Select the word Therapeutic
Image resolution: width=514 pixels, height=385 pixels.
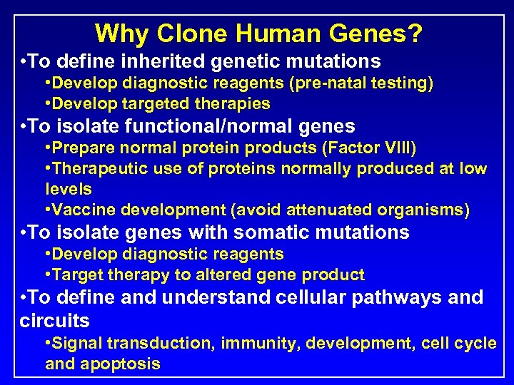(99, 169)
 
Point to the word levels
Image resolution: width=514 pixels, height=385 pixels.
(69, 189)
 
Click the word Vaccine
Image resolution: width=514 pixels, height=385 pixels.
(83, 210)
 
